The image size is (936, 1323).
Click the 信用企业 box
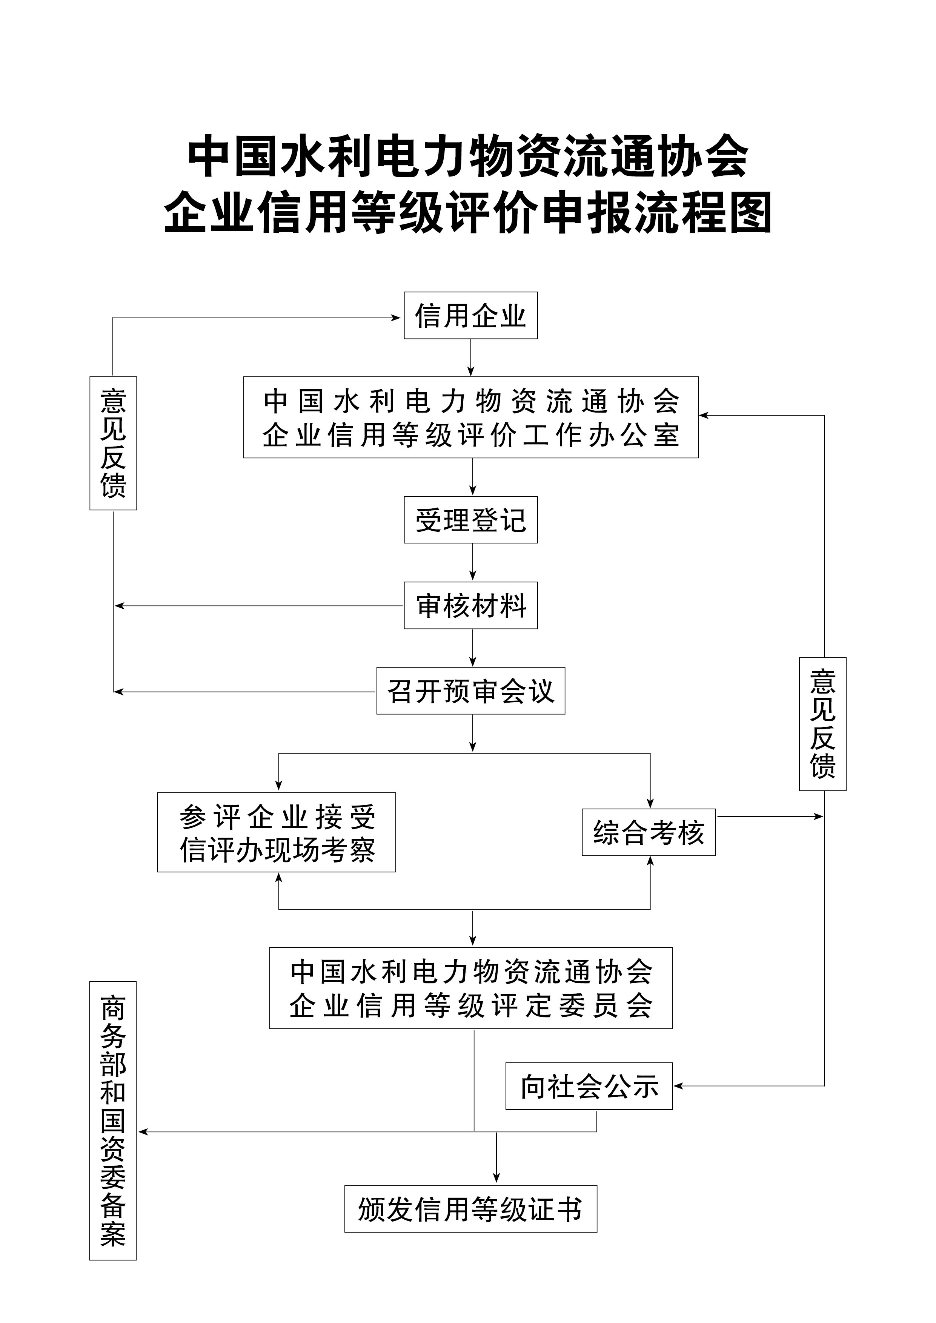tap(470, 315)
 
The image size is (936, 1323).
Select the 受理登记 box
tap(470, 520)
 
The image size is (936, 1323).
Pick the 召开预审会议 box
tap(470, 691)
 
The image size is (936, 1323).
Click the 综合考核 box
tap(649, 833)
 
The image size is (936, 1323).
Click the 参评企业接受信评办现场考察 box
tap(276, 833)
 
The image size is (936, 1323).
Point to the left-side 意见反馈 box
tap(113, 443)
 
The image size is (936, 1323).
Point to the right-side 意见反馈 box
tap(822, 724)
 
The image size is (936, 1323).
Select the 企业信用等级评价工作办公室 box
tap(470, 417)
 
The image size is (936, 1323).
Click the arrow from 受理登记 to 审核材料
tap(473, 562)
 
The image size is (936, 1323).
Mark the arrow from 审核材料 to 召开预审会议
tap(473, 648)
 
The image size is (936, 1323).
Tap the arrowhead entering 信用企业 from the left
tap(396, 318)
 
